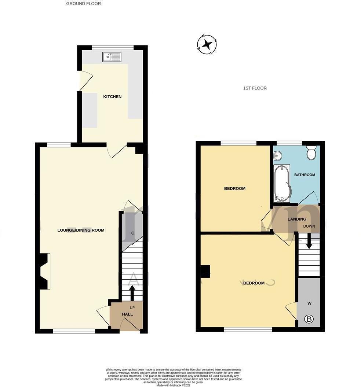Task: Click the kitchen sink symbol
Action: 112,57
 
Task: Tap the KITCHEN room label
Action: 112,97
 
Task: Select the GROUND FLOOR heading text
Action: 83,4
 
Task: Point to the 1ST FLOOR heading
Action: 255,88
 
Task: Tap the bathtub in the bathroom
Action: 282,183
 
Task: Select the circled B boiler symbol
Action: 309,320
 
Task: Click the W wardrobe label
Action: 309,303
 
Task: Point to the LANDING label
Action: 297,219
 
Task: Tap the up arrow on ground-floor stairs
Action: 131,293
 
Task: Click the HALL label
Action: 127,314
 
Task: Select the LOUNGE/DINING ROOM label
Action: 81,230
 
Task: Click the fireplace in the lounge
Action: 44,271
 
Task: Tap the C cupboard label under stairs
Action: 132,233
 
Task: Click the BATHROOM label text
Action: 305,175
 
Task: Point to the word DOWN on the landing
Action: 309,226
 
